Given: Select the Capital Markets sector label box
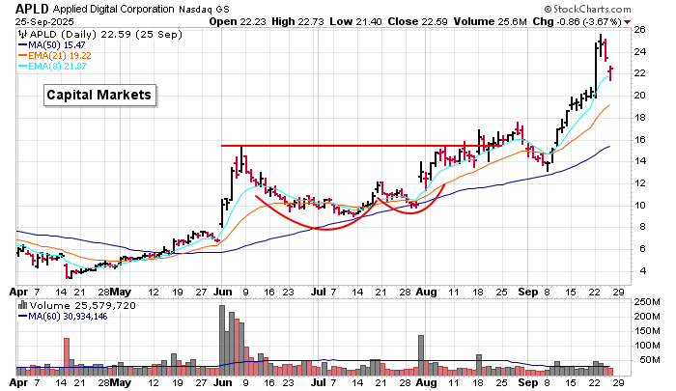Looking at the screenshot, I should (x=100, y=95).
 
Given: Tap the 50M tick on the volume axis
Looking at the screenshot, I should (x=645, y=361).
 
